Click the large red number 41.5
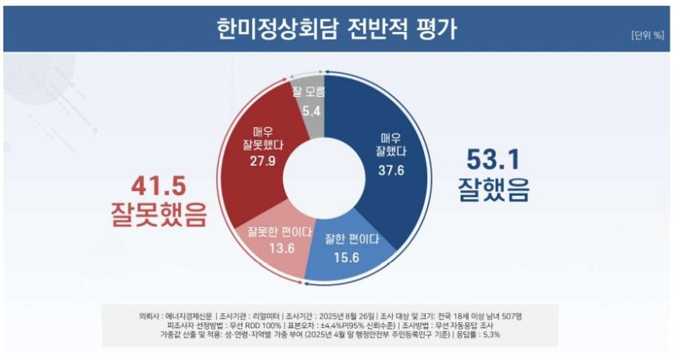(158, 183)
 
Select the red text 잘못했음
(158, 215)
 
